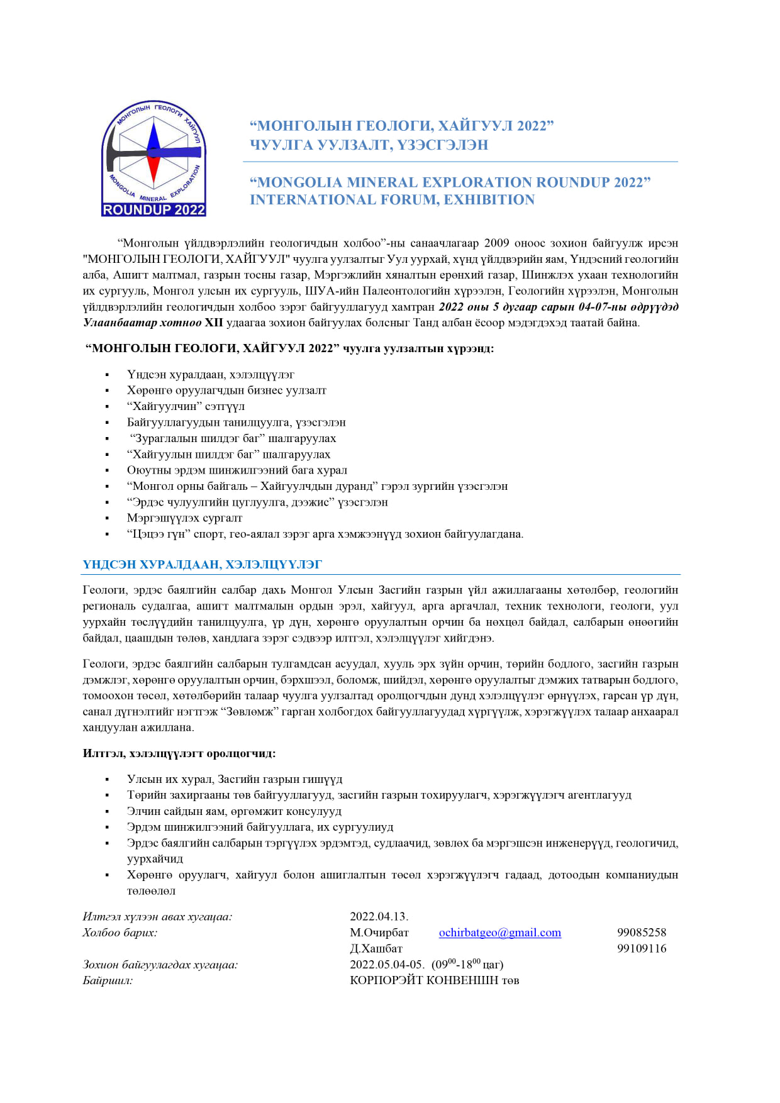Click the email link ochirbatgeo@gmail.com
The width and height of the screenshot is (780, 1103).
[x=499, y=933]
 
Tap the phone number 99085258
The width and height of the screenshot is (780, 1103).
[x=641, y=933]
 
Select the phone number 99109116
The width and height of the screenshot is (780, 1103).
[x=641, y=948]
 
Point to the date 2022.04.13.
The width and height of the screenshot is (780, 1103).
[x=379, y=916]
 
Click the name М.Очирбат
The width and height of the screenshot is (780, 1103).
[x=379, y=933]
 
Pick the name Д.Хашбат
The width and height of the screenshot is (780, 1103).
[x=376, y=948]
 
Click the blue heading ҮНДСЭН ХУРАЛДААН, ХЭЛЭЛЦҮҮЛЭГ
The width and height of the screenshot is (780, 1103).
[x=202, y=564]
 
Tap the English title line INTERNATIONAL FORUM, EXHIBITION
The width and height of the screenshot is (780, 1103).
[x=392, y=199]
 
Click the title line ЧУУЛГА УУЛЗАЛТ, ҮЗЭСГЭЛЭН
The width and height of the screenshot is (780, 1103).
[x=369, y=145]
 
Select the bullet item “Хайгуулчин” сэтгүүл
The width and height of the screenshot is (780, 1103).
[x=186, y=406]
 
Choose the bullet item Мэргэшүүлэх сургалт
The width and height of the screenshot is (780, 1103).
[x=184, y=518]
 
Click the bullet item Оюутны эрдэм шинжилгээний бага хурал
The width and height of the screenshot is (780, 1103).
[x=237, y=470]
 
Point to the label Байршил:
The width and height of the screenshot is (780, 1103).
[x=108, y=980]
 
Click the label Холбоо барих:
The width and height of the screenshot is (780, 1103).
[x=120, y=933]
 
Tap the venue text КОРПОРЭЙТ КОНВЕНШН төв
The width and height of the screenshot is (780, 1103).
[x=434, y=980]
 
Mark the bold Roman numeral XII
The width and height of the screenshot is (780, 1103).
[x=214, y=323]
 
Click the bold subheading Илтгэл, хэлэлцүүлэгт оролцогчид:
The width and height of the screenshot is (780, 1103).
[x=179, y=753]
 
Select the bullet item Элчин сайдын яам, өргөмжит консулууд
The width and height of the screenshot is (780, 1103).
[x=234, y=811]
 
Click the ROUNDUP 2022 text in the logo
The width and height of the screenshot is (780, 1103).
[x=154, y=210]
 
